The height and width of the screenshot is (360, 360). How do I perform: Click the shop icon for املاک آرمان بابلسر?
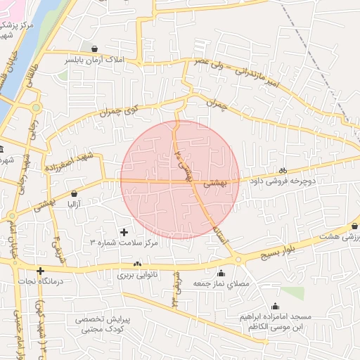(95, 49)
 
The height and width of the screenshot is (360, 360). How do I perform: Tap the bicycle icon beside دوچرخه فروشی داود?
(283, 170)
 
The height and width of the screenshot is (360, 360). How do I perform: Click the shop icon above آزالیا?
(75, 193)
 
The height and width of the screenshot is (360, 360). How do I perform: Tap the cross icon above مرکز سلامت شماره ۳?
(125, 231)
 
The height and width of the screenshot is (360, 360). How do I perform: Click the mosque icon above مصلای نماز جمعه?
(221, 274)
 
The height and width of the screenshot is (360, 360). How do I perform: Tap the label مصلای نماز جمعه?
(224, 284)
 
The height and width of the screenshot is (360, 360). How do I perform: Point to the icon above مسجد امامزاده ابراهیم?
(275, 306)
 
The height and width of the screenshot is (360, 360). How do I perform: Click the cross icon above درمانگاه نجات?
(41, 271)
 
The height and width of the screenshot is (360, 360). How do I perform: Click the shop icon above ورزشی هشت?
(354, 226)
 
